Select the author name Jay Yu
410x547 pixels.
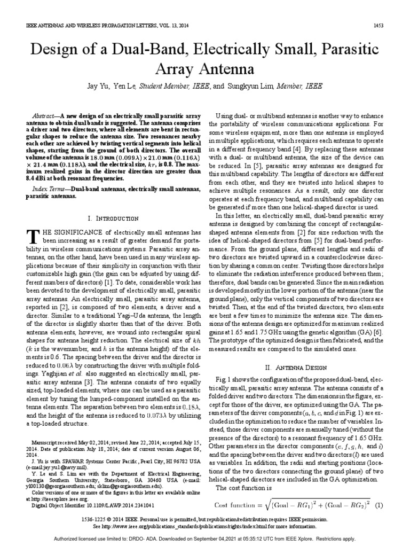tap(109, 85)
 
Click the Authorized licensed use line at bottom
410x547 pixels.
tap(204, 539)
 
